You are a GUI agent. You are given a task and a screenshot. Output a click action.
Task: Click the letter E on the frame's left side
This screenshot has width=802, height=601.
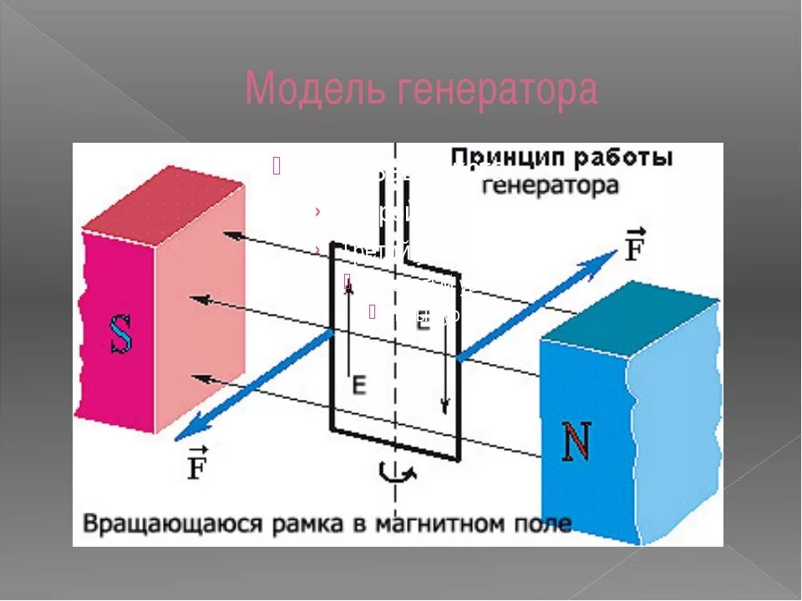[358, 385]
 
